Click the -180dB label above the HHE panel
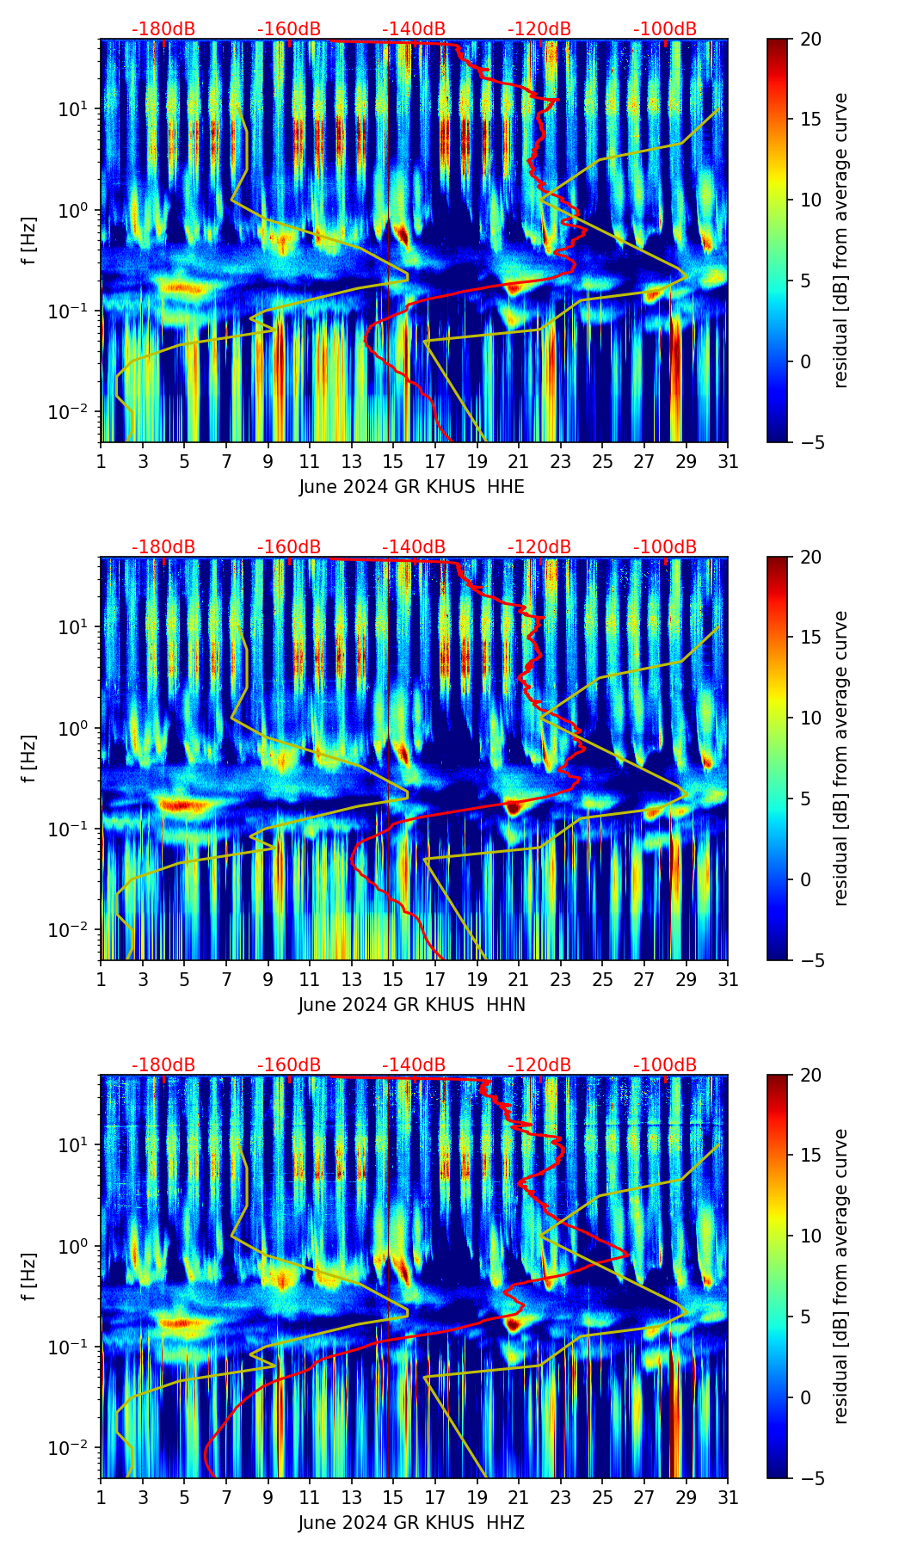163,29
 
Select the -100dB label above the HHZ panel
665,1065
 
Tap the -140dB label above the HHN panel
414,547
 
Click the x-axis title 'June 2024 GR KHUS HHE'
411,487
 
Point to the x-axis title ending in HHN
411,1005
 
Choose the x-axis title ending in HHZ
411,1523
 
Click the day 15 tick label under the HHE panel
393,462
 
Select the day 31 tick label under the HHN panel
728,980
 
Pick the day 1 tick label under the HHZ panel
101,1498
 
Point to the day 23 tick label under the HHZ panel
561,1498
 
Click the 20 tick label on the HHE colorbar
810,39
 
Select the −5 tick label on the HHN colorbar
810,960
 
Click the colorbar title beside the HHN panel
841,758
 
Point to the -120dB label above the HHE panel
539,29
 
